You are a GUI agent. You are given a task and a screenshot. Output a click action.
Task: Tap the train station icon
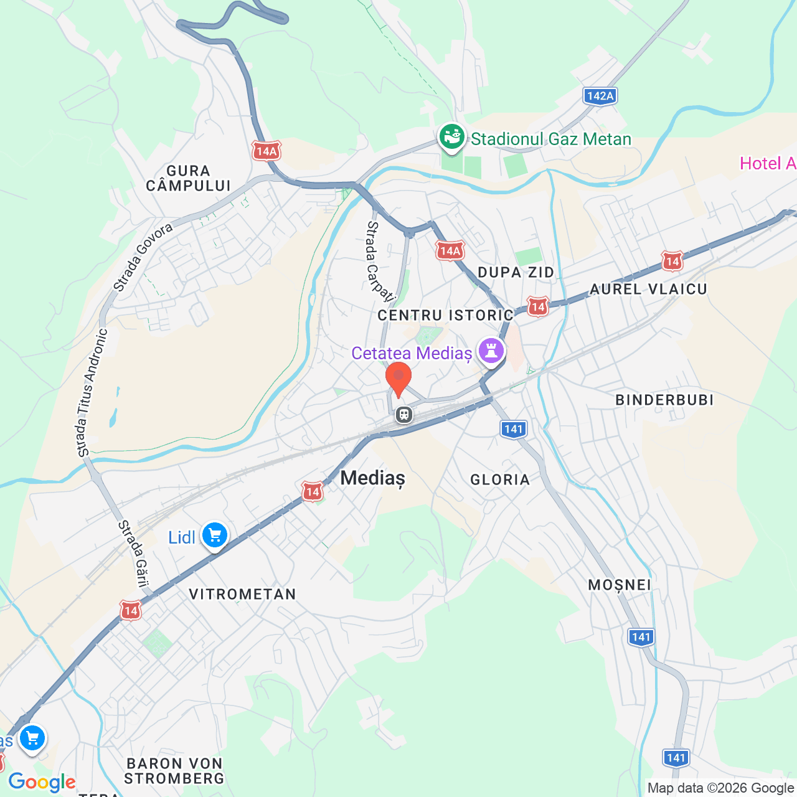click(404, 414)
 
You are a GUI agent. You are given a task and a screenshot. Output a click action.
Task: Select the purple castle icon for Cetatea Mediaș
click(491, 351)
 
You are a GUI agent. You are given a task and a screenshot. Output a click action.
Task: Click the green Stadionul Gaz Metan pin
click(452, 136)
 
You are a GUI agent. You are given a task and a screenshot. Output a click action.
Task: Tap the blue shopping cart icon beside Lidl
click(215, 535)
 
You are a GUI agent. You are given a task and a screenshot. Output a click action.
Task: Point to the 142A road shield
click(600, 96)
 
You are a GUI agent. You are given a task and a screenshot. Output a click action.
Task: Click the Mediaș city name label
click(372, 478)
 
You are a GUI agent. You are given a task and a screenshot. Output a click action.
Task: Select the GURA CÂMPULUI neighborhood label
click(188, 178)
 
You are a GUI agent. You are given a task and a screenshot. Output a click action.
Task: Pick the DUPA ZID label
click(516, 272)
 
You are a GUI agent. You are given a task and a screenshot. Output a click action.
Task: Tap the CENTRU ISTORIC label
click(445, 315)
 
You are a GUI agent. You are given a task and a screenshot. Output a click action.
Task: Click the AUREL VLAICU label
click(648, 289)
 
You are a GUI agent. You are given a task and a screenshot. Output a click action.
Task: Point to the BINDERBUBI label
click(664, 400)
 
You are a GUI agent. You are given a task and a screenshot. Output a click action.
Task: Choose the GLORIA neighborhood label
click(500, 479)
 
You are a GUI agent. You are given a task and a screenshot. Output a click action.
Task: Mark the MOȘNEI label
click(620, 585)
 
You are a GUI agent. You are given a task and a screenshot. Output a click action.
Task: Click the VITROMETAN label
click(242, 594)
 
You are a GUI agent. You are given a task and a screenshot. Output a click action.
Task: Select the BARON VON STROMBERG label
click(174, 771)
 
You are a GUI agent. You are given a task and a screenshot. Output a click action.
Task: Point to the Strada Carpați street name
click(379, 261)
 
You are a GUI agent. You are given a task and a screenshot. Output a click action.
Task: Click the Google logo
click(42, 782)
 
